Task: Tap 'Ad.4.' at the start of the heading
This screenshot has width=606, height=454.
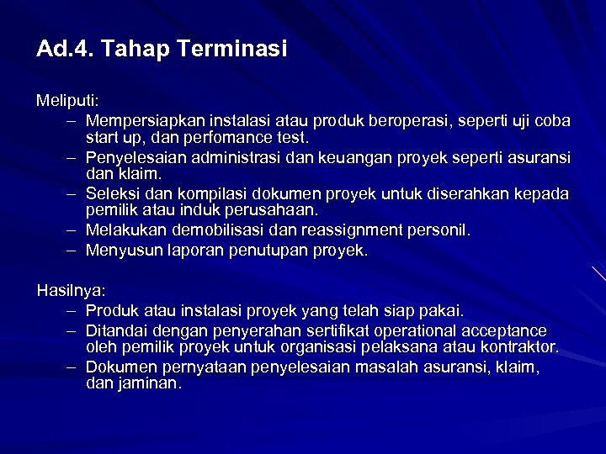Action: pyautogui.click(x=64, y=50)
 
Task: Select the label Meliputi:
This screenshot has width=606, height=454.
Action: pyautogui.click(x=67, y=101)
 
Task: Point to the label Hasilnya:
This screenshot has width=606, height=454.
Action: pyautogui.click(x=71, y=291)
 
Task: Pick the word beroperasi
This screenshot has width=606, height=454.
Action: pyautogui.click(x=413, y=120)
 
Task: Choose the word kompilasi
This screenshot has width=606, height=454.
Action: pyautogui.click(x=201, y=194)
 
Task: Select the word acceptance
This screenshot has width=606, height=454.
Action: pyautogui.click(x=504, y=331)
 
